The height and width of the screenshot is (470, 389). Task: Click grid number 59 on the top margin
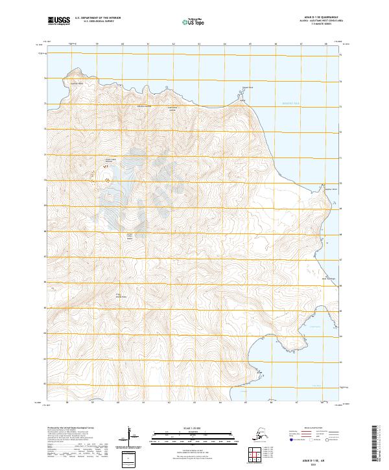coord(97,44)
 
